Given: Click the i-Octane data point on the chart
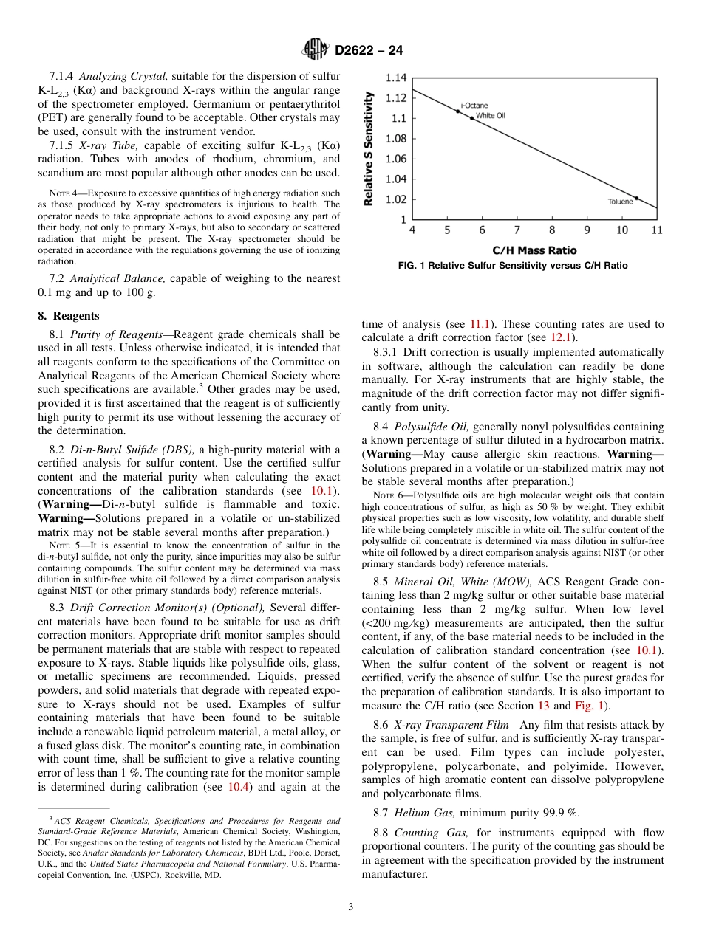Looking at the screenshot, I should click(x=457, y=111).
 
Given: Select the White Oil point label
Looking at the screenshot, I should click(x=490, y=115).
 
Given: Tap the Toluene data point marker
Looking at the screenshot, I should click(x=636, y=198).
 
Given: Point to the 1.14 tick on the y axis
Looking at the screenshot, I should click(x=397, y=78).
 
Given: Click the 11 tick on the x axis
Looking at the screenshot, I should click(x=657, y=230).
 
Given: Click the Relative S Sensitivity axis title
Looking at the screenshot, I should click(x=367, y=148).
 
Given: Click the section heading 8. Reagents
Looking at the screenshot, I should click(x=64, y=316).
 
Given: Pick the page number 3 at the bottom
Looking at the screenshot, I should click(x=350, y=907).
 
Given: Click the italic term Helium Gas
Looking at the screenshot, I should click(x=418, y=813).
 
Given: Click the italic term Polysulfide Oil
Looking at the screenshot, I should click(x=432, y=427).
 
